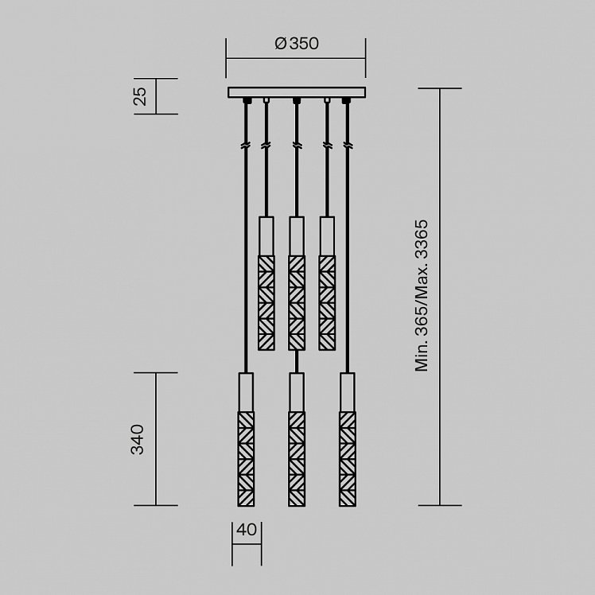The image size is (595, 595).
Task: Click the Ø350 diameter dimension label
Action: (297, 44)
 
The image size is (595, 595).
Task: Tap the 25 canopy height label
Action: (140, 96)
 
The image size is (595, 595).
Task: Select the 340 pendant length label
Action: (138, 439)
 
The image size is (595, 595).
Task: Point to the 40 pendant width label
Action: (247, 529)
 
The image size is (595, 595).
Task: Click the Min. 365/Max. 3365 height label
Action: (422, 295)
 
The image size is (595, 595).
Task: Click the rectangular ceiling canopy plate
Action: (297, 92)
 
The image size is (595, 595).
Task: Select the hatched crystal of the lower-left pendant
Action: (246, 459)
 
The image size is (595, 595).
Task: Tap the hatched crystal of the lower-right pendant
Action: (348, 459)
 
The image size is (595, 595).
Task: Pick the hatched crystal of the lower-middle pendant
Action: (297, 459)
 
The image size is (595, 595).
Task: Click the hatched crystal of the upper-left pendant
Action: (266, 303)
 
